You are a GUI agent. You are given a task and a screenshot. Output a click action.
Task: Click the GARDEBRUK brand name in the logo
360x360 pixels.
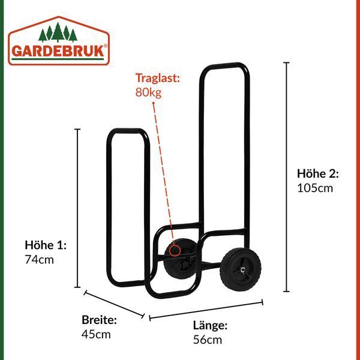[x=58, y=51]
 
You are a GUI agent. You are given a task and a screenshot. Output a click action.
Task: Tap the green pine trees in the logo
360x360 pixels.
[x=58, y=32]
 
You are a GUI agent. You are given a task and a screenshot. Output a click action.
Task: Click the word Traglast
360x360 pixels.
[x=157, y=78]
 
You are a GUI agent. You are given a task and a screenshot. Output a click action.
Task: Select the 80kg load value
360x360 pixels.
[x=148, y=92]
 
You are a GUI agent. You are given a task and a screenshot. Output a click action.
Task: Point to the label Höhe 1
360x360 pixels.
[x=46, y=245]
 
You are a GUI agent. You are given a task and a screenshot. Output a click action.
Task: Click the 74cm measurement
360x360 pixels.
[x=39, y=260]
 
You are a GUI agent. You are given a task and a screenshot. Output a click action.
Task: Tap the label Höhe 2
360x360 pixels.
[x=318, y=173]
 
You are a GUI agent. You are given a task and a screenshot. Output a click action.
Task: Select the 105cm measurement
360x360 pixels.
[x=315, y=188]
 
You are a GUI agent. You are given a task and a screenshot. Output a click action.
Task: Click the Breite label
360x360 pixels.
[x=99, y=320]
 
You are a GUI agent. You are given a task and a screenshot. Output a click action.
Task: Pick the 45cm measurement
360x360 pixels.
[x=96, y=335]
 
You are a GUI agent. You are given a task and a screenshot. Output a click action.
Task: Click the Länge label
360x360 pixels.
[x=210, y=326]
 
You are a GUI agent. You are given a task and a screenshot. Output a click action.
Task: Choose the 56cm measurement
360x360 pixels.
[x=208, y=340]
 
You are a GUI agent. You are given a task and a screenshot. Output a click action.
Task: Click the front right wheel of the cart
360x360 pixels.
[x=240, y=269]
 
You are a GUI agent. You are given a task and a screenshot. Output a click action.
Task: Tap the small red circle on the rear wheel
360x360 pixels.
[x=175, y=250]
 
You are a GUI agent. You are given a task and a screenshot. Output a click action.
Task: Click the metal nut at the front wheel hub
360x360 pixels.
[x=242, y=270]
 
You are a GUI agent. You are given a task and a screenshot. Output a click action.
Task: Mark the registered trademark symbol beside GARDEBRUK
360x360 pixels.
[x=106, y=46]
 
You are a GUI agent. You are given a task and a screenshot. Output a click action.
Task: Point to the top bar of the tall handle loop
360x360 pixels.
[x=224, y=65]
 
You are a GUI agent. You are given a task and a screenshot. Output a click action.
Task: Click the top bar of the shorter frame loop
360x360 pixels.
[x=127, y=131]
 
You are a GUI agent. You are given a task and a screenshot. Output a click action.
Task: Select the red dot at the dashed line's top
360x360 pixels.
[x=154, y=103]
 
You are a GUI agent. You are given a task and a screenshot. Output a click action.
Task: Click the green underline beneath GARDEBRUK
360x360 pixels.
[x=58, y=59]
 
